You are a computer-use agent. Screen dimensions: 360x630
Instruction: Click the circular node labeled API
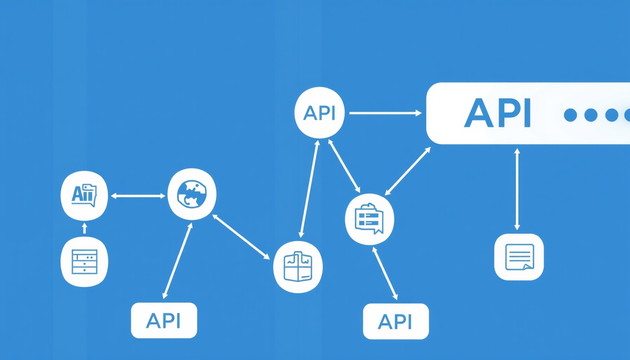[319, 112]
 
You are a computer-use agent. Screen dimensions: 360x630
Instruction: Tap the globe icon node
[192, 194]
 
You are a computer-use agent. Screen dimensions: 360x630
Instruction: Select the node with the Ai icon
[84, 195]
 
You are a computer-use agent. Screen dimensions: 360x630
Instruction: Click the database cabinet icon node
[84, 262]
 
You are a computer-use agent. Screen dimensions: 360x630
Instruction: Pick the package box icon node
[298, 267]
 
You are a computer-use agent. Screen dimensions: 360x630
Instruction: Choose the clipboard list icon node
[369, 219]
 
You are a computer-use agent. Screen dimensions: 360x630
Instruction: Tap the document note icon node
[519, 257]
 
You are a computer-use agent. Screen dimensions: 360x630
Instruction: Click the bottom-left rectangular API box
[164, 320]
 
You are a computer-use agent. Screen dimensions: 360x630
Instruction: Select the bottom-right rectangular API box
[396, 321]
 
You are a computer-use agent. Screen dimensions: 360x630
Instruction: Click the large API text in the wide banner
[497, 113]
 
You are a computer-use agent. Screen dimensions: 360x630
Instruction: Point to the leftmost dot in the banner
[570, 115]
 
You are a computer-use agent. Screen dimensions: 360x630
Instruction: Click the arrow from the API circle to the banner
[385, 113]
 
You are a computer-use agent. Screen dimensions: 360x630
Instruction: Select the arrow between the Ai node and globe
[138, 196]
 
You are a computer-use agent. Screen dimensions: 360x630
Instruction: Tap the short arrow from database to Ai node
[84, 228]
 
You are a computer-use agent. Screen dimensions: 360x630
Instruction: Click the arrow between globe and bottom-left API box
[178, 261]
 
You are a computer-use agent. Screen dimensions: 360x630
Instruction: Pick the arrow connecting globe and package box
[241, 237]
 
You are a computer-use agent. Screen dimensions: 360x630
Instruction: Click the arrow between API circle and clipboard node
[344, 166]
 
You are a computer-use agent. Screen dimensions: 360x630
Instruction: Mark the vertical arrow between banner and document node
[517, 189]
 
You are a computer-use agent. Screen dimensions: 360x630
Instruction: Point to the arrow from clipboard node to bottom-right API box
[385, 274]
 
